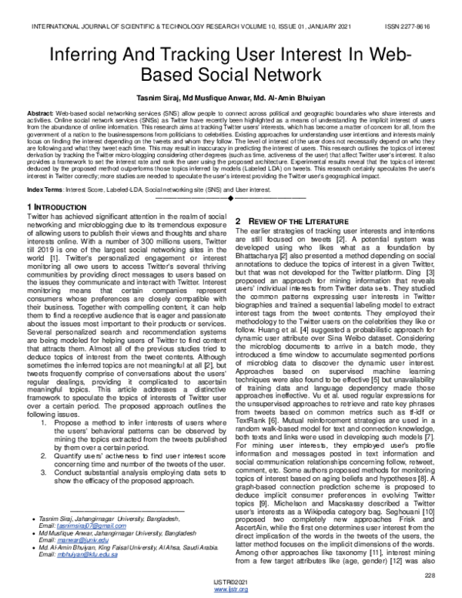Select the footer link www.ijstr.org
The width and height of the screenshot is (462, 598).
coord(230,590)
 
